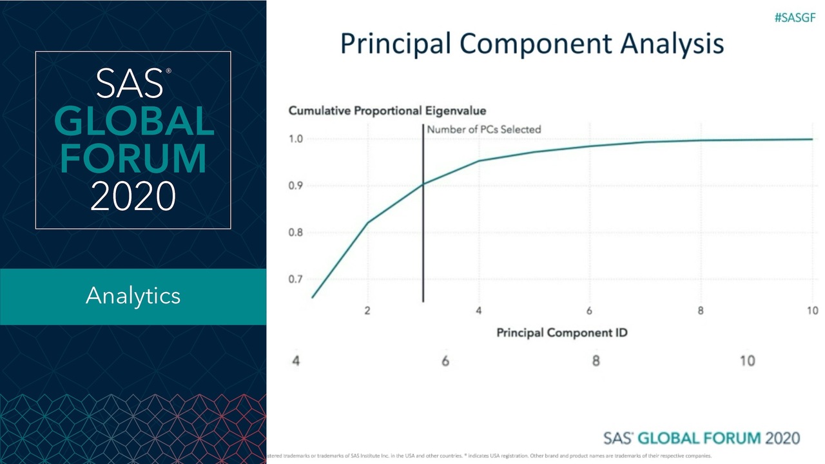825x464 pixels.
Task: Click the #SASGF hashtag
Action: (795, 17)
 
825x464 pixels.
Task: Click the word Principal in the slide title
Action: (395, 44)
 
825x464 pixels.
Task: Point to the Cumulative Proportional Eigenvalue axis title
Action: (387, 110)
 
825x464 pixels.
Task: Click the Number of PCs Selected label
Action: (483, 129)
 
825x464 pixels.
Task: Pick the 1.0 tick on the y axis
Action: (295, 139)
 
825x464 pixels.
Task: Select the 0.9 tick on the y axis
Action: (295, 186)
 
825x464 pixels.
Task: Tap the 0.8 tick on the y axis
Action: (295, 233)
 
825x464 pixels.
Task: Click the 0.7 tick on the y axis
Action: (295, 280)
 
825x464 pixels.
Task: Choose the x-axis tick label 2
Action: (367, 311)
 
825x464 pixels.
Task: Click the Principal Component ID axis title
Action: (561, 333)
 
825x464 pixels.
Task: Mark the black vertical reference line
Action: (423, 258)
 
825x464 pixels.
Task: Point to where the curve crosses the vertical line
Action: (423, 184)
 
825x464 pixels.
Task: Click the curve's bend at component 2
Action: (368, 223)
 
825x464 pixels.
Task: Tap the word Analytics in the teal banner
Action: (133, 296)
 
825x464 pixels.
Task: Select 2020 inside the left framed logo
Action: (133, 196)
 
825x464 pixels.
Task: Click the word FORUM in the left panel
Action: (133, 159)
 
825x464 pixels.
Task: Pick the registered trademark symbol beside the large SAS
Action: (169, 72)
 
